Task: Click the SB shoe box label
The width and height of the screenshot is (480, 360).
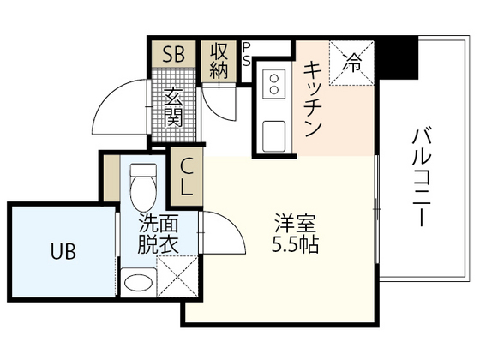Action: [x=174, y=55]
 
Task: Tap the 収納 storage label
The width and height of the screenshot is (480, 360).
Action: [x=218, y=61]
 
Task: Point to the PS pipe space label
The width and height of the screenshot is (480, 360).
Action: [x=247, y=53]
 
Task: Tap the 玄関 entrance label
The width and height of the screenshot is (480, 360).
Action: [x=174, y=108]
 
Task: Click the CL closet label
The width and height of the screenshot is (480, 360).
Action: [x=187, y=176]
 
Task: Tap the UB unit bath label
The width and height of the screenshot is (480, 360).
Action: [x=61, y=252]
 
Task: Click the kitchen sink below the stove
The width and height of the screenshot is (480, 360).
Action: [x=275, y=134]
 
